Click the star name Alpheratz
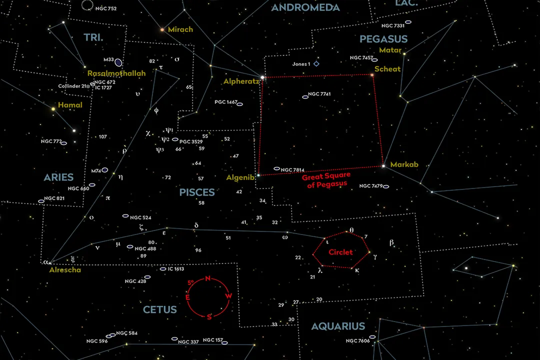pos(241,81)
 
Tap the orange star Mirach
pos(162,30)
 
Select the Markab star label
pos(404,164)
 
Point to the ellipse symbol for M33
pos(118,62)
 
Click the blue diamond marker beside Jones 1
pos(316,64)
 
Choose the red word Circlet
pos(340,252)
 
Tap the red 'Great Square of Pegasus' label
pos(325,180)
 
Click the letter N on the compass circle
pos(208,279)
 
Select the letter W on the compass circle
pos(228,296)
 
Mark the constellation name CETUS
pos(160,310)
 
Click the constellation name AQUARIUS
pos(338,326)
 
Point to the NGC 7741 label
pos(319,94)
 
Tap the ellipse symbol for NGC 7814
pos(277,168)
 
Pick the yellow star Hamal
pos(53,108)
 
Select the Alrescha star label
pos(65,269)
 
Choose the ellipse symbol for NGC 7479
pos(386,186)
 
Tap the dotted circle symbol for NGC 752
pos(87,6)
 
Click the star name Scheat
pos(387,69)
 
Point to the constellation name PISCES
pos(197,192)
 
